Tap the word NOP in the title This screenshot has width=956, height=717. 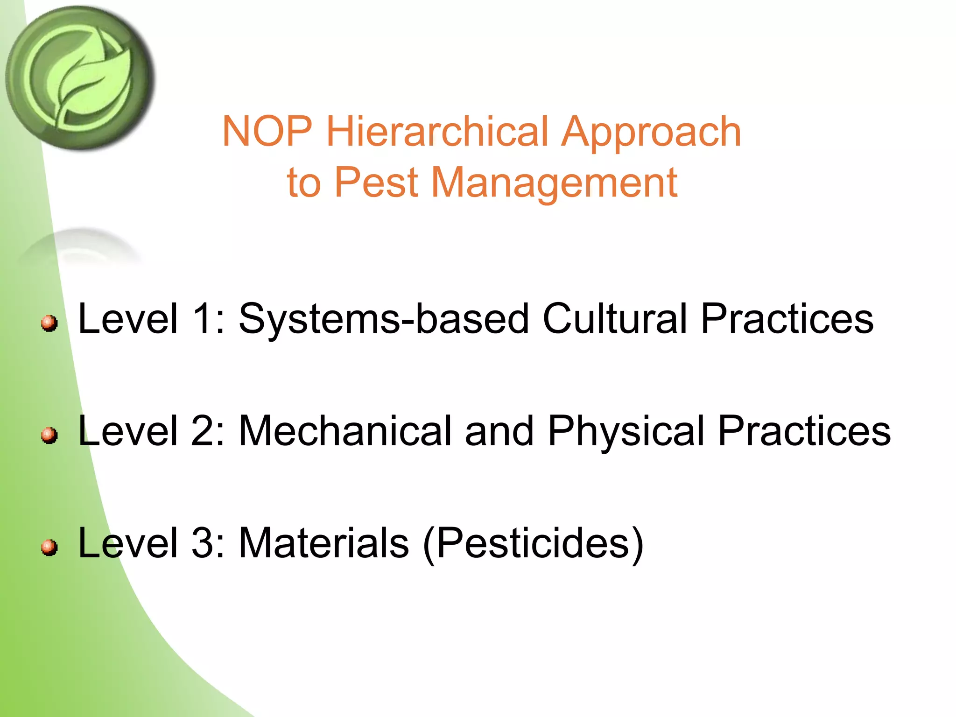tap(267, 132)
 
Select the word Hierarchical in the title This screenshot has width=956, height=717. tap(437, 132)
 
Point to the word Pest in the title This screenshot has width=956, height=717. tap(376, 183)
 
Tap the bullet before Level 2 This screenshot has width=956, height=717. tap(49, 435)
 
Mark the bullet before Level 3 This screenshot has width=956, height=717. tap(49, 547)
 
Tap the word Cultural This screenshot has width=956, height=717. tap(615, 318)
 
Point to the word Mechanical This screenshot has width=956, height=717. tap(345, 430)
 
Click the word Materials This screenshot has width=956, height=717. tap(324, 542)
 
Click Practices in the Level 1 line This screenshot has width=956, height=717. tap(787, 318)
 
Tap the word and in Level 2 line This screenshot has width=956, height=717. tap(499, 430)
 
